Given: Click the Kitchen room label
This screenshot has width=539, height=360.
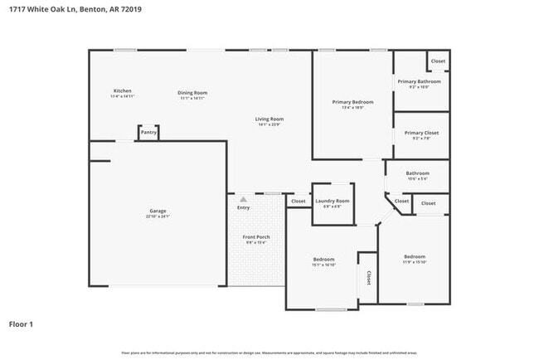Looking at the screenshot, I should click(x=123, y=90).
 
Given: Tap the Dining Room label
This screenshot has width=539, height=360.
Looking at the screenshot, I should click(x=192, y=92).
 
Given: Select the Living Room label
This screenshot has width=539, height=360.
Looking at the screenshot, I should click(x=269, y=119).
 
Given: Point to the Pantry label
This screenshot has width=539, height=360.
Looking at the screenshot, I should click(x=148, y=132).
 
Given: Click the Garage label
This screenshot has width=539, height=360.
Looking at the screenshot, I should click(x=158, y=211).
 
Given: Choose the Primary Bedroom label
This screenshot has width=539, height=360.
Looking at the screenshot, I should click(x=352, y=102).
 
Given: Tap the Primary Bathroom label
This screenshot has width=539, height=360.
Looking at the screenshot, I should click(x=419, y=81).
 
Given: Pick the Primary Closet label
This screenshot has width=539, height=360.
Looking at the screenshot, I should click(x=421, y=133).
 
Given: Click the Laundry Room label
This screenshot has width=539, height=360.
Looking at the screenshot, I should click(x=332, y=201).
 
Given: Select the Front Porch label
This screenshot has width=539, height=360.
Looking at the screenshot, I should click(x=255, y=237).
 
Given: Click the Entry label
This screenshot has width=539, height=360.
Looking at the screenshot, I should click(x=243, y=207).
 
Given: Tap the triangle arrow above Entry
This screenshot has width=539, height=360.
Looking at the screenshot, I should click(x=243, y=199).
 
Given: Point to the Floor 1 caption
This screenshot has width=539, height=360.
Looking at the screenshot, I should click(x=21, y=324).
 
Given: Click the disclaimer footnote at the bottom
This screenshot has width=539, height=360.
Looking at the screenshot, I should click(x=269, y=353).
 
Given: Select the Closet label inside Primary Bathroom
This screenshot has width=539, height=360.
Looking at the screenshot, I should click(x=438, y=61).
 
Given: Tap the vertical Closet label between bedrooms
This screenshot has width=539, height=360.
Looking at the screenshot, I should click(x=368, y=277).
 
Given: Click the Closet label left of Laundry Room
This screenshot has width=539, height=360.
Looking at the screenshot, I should click(x=298, y=201).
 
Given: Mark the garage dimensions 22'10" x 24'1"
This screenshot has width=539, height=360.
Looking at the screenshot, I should click(x=158, y=216).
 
